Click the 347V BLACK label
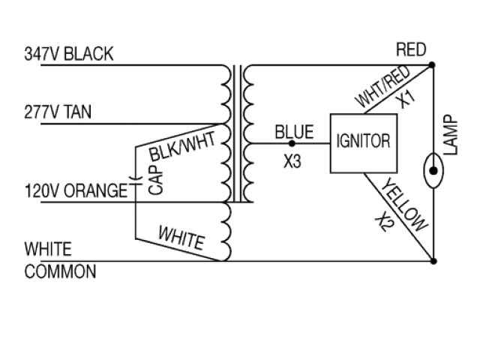(x=69, y=54)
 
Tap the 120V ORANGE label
(x=75, y=190)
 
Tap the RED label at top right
(x=410, y=50)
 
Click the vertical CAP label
(x=156, y=180)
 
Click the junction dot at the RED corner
(x=433, y=66)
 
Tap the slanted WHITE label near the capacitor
(x=180, y=238)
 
